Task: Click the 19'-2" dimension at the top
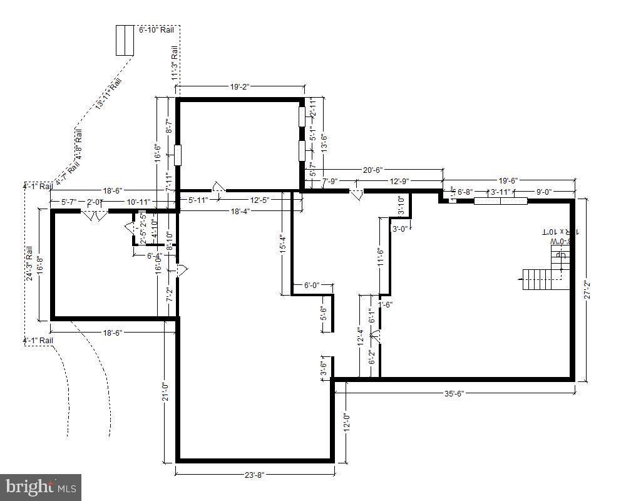tap(240, 87)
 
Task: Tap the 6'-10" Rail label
tap(156, 29)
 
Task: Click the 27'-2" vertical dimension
tap(587, 289)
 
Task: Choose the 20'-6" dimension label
tap(373, 170)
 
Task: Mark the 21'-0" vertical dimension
tap(165, 392)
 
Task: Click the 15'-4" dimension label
tap(283, 244)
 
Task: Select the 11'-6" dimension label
tap(379, 258)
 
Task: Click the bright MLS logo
tap(41, 486)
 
